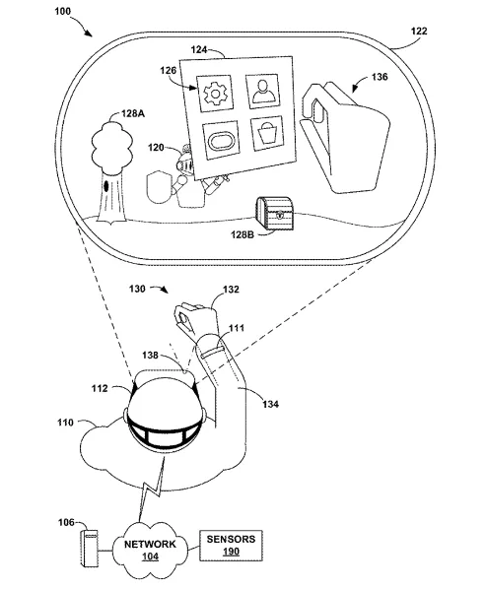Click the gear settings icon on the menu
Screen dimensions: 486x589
click(x=215, y=94)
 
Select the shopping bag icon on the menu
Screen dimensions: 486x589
click(x=267, y=133)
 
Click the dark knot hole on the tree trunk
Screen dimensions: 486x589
click(x=106, y=185)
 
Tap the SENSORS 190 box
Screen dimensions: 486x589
click(x=231, y=546)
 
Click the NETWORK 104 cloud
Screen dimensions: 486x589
click(x=150, y=550)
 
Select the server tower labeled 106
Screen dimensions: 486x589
click(x=89, y=549)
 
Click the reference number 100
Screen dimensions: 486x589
click(x=62, y=11)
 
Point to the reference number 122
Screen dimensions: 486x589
click(x=419, y=31)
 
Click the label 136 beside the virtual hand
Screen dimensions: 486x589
click(x=380, y=77)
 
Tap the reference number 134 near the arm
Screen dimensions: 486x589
click(x=271, y=404)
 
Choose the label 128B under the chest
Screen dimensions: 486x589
click(x=243, y=234)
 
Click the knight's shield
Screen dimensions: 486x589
click(x=159, y=187)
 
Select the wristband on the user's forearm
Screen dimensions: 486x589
click(x=212, y=353)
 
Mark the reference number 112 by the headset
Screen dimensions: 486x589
click(x=100, y=388)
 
